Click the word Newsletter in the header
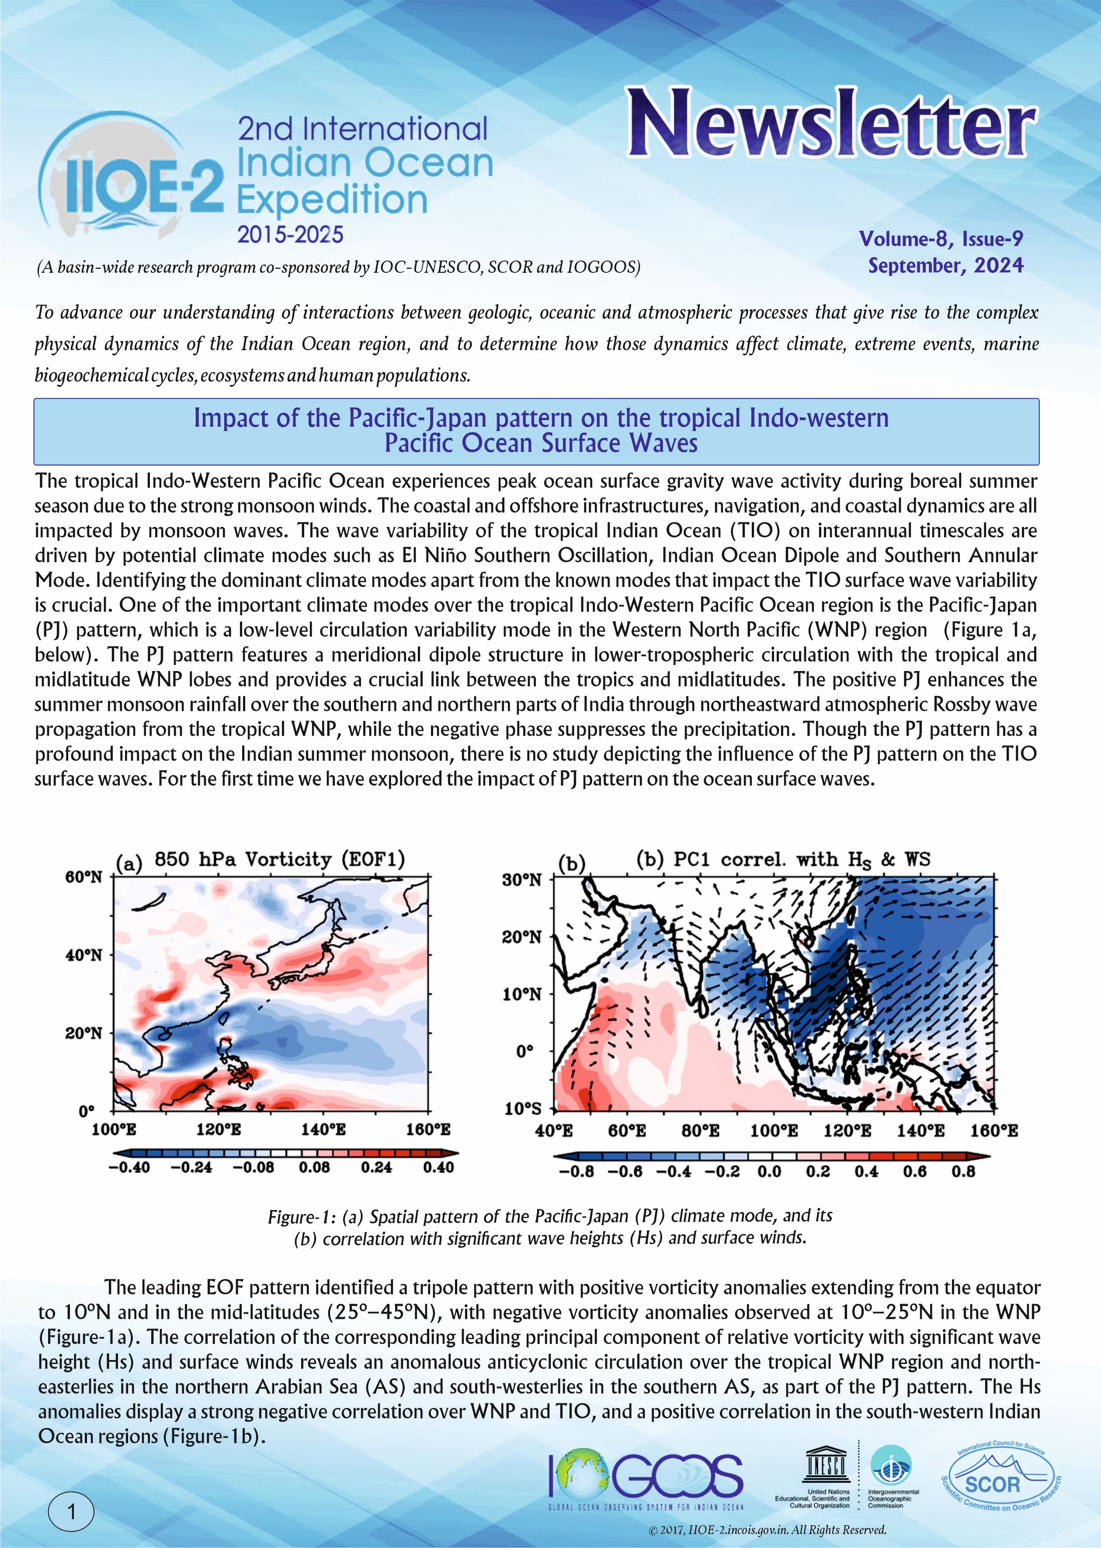pyautogui.click(x=830, y=124)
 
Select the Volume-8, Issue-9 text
pyautogui.click(x=941, y=239)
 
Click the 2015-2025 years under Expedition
pyautogui.click(x=290, y=235)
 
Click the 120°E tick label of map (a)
pyautogui.click(x=218, y=1129)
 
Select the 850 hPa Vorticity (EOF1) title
pyautogui.click(x=279, y=860)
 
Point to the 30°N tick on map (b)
pyautogui.click(x=521, y=880)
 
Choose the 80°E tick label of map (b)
pyautogui.click(x=700, y=1131)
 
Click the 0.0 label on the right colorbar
pyautogui.click(x=769, y=1172)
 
